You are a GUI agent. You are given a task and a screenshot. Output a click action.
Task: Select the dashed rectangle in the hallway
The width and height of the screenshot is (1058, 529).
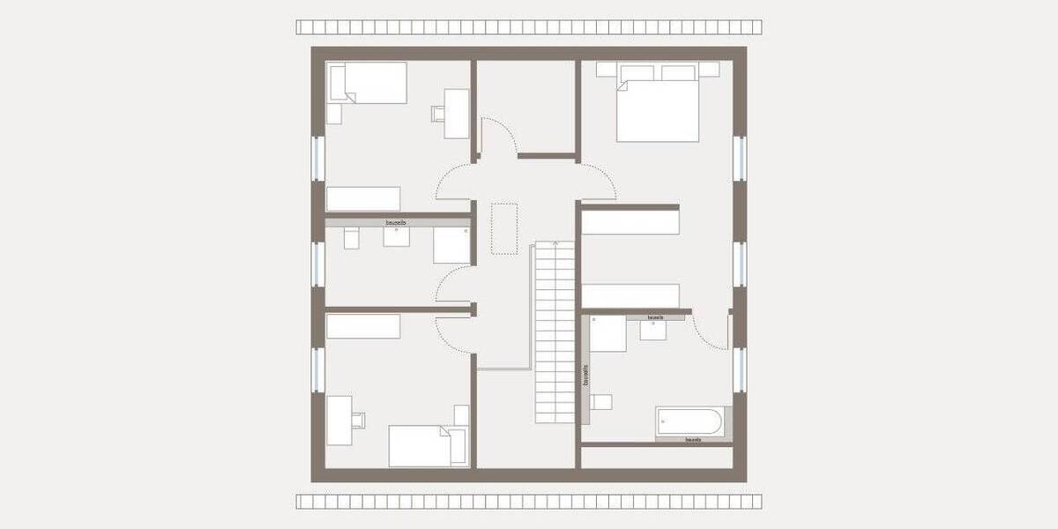pyautogui.click(x=504, y=228)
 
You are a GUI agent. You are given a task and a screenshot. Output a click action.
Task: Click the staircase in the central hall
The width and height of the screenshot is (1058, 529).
pyautogui.click(x=554, y=332)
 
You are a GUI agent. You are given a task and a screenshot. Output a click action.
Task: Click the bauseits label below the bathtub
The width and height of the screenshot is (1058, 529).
pyautogui.click(x=693, y=438)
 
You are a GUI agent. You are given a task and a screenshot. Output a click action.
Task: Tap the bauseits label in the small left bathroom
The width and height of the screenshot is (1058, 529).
pyautogui.click(x=397, y=223)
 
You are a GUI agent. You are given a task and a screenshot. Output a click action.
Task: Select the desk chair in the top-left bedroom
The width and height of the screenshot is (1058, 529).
pyautogui.click(x=437, y=112)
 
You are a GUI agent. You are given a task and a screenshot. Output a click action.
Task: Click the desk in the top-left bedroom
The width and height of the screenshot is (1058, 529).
pyautogui.click(x=457, y=114)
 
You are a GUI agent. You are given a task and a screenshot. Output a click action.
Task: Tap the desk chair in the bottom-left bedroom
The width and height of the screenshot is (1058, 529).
pyautogui.click(x=358, y=419)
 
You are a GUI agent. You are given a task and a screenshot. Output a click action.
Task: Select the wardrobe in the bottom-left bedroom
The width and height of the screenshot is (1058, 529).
pyautogui.click(x=363, y=325)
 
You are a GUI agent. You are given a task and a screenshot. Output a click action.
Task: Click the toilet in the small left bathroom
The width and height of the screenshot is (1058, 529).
pyautogui.click(x=351, y=237)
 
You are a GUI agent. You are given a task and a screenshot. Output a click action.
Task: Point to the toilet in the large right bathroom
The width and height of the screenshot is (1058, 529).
pyautogui.click(x=601, y=402)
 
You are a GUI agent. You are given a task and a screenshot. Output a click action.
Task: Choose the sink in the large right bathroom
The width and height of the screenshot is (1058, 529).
pyautogui.click(x=653, y=329)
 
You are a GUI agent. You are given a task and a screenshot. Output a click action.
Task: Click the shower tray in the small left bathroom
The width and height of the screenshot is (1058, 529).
pyautogui.click(x=451, y=245)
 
